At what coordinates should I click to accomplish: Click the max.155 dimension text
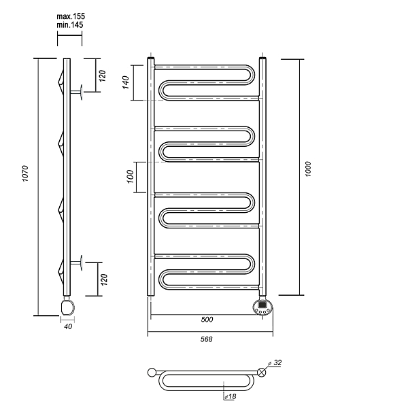pyautogui.click(x=71, y=16)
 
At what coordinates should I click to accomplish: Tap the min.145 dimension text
pyautogui.click(x=70, y=25)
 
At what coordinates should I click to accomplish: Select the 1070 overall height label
pyautogui.click(x=25, y=173)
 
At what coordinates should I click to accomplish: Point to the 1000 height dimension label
pyautogui.click(x=308, y=169)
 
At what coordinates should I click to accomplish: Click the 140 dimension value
pyautogui.click(x=126, y=82)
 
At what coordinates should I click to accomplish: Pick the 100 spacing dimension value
pyautogui.click(x=131, y=176)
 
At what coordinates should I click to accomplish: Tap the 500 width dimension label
pyautogui.click(x=207, y=320)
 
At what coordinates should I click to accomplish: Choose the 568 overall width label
pyautogui.click(x=206, y=339)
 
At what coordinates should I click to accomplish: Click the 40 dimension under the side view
pyautogui.click(x=68, y=326)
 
